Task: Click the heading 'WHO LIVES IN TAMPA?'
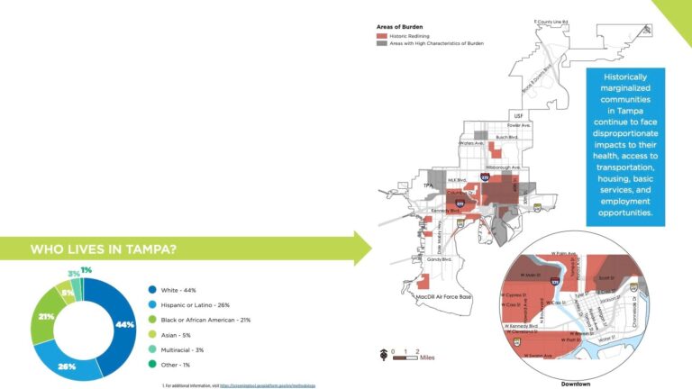104,249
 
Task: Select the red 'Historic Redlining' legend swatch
381,35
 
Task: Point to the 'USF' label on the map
518,116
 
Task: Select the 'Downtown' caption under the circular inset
576,384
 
